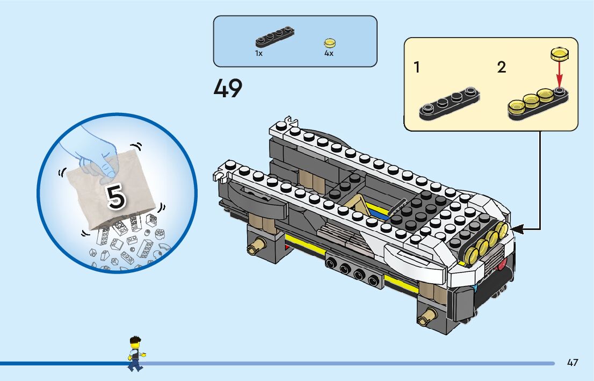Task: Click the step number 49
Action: coord(228,89)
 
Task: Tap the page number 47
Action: coord(573,363)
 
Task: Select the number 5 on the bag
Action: coord(116,197)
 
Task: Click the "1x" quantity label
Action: coord(259,54)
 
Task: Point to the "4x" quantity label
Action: coord(329,54)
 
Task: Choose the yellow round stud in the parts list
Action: coord(329,42)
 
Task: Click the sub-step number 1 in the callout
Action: coord(417,68)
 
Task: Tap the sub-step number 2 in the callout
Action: coord(501,68)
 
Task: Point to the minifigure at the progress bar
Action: coord(135,353)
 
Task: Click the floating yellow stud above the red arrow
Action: coord(559,53)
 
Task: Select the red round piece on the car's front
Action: coord(503,264)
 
